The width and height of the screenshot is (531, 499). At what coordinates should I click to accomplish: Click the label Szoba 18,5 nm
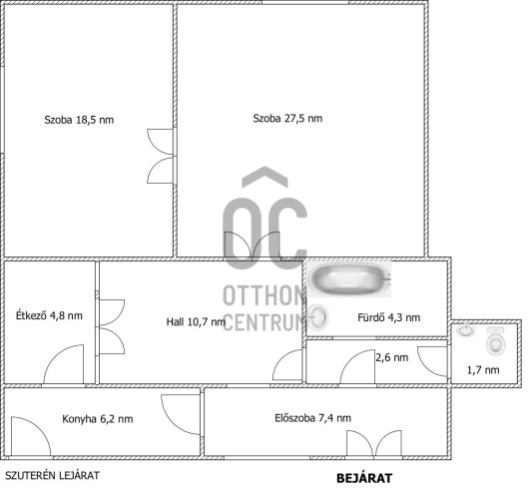79,120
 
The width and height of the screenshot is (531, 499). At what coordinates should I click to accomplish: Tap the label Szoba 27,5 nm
287,119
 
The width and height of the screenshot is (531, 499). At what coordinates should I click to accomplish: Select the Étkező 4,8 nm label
49,315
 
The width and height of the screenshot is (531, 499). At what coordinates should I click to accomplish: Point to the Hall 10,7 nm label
196,321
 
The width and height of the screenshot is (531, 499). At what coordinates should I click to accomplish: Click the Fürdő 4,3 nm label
389,317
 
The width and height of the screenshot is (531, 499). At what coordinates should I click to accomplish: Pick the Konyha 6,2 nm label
98,419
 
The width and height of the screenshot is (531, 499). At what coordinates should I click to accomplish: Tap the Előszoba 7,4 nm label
313,418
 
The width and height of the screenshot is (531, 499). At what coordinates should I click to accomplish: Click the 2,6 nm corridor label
392,357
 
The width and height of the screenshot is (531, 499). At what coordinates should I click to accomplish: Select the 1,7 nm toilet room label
483,370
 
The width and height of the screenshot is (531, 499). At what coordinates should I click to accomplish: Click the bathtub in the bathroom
349,279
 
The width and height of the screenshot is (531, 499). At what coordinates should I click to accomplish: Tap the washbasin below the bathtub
317,317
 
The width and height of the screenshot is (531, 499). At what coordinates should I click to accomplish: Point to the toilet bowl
496,341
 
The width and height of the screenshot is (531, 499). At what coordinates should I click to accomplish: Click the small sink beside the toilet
466,329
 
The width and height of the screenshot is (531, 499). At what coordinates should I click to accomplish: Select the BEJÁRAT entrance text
364,478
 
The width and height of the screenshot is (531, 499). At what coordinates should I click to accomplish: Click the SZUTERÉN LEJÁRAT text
52,475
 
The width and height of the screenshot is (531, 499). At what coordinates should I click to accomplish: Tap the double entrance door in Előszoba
374,444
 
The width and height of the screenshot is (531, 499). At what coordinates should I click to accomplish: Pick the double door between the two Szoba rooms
161,156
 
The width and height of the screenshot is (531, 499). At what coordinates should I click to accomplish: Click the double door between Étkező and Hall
112,327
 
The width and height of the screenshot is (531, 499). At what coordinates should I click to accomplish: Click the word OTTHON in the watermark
265,295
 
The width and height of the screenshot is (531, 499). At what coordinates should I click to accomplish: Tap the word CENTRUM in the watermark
265,322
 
